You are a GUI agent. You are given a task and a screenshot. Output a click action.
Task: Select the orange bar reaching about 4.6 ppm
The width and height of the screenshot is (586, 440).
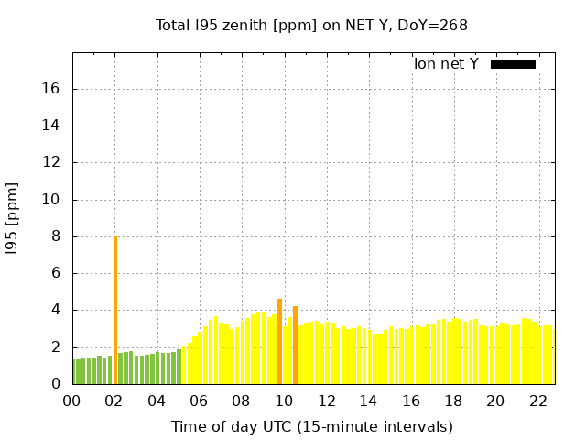(280, 341)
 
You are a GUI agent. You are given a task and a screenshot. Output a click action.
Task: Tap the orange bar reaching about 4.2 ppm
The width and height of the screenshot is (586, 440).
(296, 345)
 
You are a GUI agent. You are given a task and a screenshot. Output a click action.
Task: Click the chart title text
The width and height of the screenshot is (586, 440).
(311, 25)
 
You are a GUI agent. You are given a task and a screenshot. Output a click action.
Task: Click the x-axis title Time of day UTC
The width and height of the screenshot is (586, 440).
(311, 426)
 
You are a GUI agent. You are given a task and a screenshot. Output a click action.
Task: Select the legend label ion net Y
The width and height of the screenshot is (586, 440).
(446, 64)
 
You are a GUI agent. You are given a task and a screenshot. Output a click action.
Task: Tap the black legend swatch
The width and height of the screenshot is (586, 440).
(513, 64)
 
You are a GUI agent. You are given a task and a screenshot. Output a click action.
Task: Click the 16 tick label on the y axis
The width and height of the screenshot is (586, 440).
(52, 89)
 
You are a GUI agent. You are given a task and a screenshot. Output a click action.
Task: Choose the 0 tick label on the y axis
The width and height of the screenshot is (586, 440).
(56, 384)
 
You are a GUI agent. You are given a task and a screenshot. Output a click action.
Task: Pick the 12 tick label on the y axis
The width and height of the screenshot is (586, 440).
(52, 163)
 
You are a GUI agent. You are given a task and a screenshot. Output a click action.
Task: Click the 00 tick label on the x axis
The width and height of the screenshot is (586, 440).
(71, 401)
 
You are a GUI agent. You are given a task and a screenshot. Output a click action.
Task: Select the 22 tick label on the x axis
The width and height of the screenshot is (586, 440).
(538, 401)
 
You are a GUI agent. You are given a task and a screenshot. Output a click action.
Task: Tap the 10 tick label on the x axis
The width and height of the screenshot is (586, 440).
(284, 401)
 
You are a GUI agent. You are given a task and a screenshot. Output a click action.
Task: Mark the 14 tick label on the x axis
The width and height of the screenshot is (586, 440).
(368, 401)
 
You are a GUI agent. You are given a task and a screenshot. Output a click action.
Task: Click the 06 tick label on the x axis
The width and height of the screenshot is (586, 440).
(199, 401)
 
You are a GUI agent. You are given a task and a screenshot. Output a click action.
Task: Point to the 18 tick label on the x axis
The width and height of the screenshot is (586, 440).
(453, 401)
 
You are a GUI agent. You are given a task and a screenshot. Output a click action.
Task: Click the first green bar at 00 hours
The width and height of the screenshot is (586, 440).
(76, 371)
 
